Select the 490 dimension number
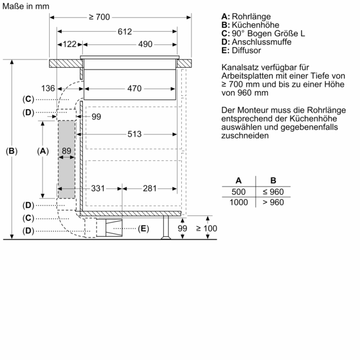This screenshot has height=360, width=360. pyautogui.click(x=128, y=44)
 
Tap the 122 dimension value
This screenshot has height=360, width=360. pyautogui.click(x=69, y=44)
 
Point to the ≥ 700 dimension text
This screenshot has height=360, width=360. pyautogui.click(x=99, y=17)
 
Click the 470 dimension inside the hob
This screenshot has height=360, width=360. pyautogui.click(x=134, y=89)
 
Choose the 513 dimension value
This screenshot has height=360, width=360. pyautogui.click(x=134, y=134)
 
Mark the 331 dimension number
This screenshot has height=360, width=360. pyautogui.click(x=98, y=188)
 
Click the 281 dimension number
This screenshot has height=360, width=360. pyautogui.click(x=150, y=188)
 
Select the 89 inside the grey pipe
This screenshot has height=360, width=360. pyautogui.click(x=67, y=151)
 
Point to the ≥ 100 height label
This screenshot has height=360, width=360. pyautogui.click(x=207, y=229)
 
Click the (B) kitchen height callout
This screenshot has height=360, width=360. pyautogui.click(x=11, y=151)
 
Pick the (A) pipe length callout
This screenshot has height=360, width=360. pyautogui.click(x=42, y=151)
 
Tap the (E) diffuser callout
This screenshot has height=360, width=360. pyautogui.click(x=143, y=229)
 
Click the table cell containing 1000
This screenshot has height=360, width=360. pyautogui.click(x=239, y=202)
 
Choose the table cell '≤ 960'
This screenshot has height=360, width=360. pyautogui.click(x=273, y=191)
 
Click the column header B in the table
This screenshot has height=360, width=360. pyautogui.click(x=273, y=180)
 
